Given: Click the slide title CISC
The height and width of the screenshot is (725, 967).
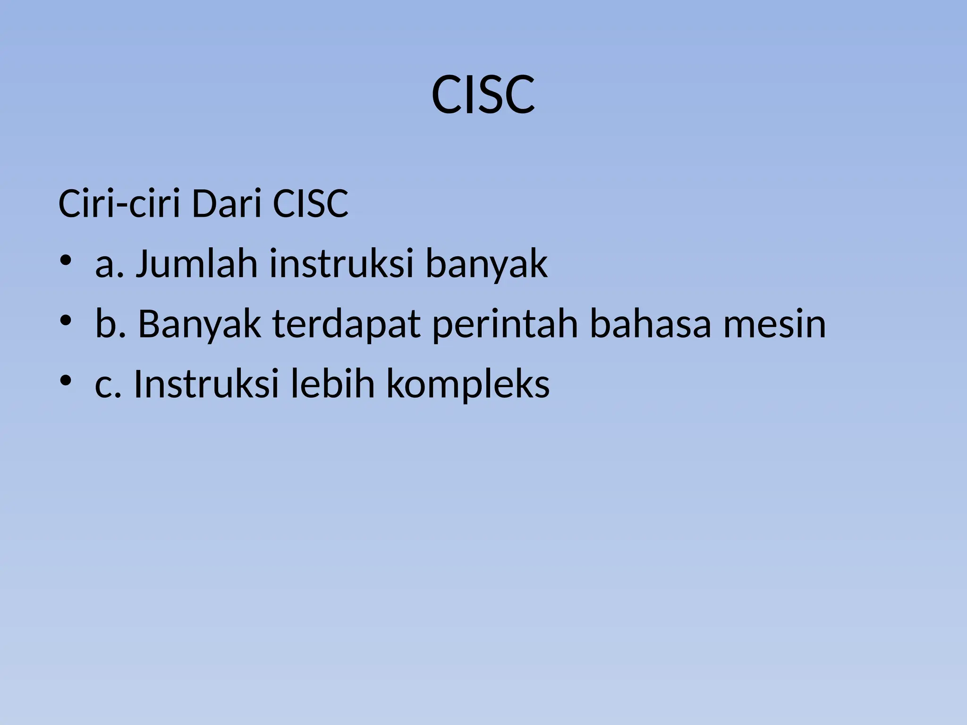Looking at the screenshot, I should click(x=483, y=96).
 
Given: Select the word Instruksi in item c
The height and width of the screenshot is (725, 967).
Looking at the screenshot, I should click(x=206, y=383).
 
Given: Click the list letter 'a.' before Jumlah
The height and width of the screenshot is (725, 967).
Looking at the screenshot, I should click(x=110, y=264).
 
